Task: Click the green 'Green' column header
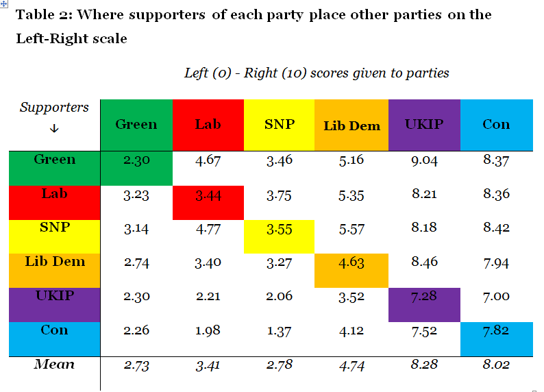[136, 124]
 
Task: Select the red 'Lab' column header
[208, 124]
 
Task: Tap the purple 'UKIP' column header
[424, 124]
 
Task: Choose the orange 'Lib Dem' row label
[55, 262]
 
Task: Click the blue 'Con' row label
[55, 330]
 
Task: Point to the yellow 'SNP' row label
[55, 227]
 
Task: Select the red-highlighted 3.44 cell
[208, 195]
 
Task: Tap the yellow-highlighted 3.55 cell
[279, 229]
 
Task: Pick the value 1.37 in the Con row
[279, 331]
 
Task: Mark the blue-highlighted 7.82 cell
[496, 331]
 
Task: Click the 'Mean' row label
[54, 364]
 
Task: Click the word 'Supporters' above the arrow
[54, 108]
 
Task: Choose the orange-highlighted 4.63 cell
[351, 262]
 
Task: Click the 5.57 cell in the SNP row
[351, 229]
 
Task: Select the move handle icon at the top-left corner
[3, 3]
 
